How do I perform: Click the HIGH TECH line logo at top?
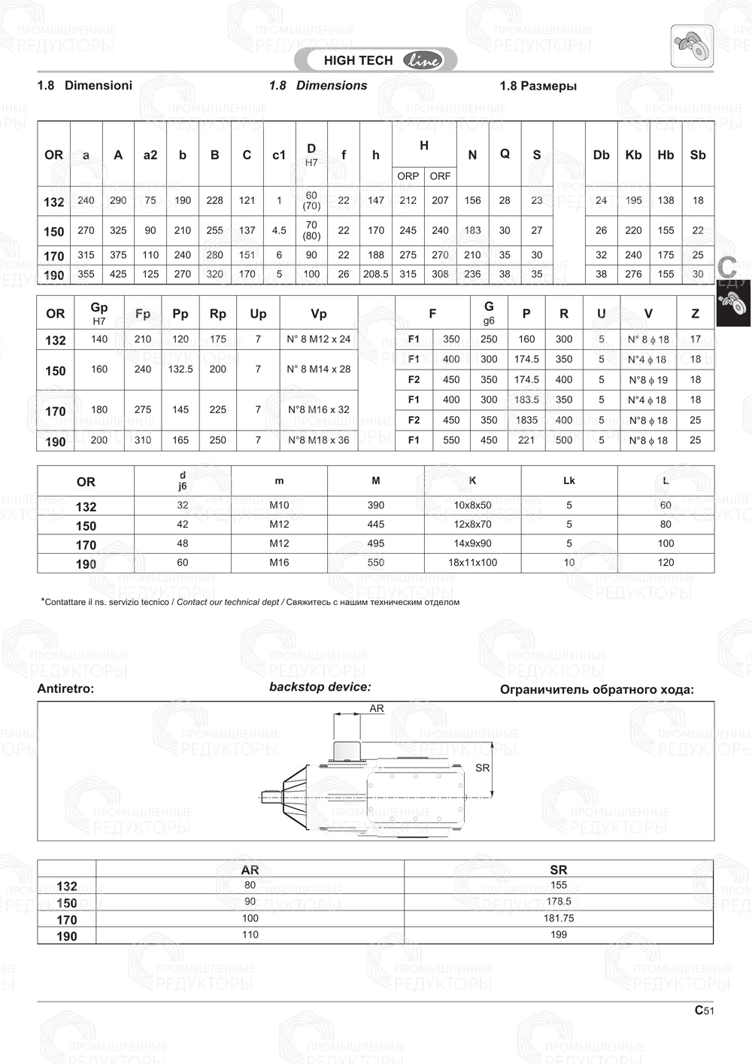coord(382,60)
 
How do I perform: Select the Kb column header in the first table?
coord(633,155)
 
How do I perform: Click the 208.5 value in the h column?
coord(376,274)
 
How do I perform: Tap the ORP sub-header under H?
coord(408,176)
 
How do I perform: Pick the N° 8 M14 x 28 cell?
coord(319,369)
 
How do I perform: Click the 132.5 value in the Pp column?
coord(180,369)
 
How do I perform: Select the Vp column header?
coord(319,314)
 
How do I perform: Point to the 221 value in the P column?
coord(526,440)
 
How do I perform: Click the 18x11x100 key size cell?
coord(472,562)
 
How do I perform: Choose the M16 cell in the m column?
coord(279,562)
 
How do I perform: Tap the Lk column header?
coord(569,480)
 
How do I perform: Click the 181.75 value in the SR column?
coord(559,918)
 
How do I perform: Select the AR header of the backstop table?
coord(250,870)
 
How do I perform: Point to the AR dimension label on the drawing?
coord(377,709)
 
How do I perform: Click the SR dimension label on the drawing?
coord(482,768)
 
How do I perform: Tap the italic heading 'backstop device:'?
coord(320,687)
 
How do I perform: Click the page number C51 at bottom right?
coord(704,1011)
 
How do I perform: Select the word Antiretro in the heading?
coord(64,689)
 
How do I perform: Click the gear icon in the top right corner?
coord(692,46)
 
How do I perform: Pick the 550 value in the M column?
coord(376,562)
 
